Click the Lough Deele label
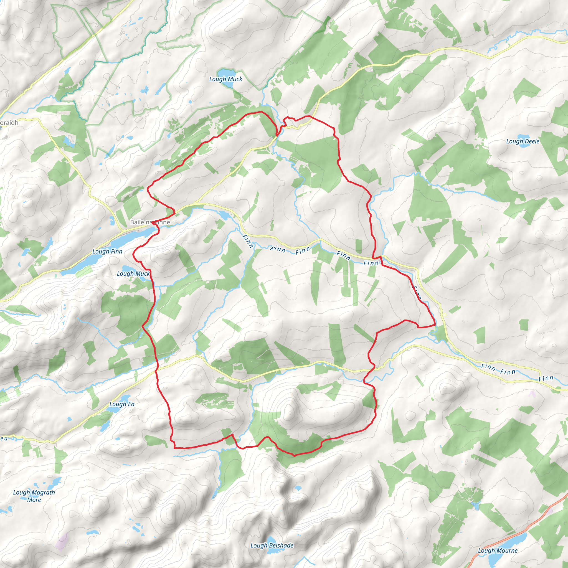tap(523, 141)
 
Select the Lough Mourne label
tap(498, 551)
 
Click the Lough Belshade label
tap(272, 545)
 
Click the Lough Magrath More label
tap(34, 496)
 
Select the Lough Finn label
tap(107, 251)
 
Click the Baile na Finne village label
tap(150, 222)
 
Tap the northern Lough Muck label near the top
tap(225, 79)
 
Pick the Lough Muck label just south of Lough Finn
tap(133, 274)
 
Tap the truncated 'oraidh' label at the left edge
tap(9, 123)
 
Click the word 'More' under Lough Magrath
tap(34, 500)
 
